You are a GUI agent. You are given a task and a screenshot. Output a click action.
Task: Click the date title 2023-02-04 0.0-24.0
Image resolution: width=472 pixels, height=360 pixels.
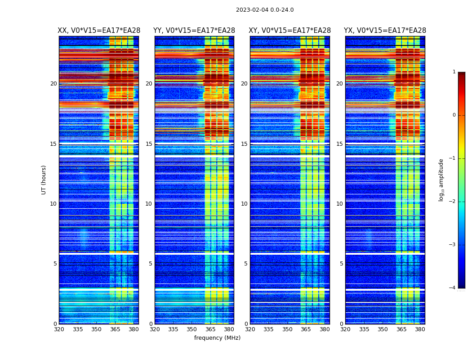265,10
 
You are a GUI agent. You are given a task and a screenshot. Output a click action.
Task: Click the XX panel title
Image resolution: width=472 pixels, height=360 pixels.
99,31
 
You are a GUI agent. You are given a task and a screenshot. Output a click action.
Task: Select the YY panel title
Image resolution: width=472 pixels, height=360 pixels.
194,31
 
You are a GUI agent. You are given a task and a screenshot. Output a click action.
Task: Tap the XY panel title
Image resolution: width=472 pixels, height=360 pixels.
290,31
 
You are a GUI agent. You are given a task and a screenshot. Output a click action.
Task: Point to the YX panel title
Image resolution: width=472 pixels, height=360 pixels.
385,31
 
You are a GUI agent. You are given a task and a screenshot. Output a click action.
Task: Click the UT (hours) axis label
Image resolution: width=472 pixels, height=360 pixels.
44,180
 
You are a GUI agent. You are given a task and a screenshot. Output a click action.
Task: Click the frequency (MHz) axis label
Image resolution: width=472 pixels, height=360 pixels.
217,338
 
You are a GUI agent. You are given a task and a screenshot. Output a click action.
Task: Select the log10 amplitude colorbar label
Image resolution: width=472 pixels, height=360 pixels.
441,180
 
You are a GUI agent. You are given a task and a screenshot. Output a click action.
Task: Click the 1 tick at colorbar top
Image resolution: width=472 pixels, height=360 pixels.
454,72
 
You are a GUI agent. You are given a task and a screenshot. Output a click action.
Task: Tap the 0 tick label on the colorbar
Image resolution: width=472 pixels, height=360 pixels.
454,115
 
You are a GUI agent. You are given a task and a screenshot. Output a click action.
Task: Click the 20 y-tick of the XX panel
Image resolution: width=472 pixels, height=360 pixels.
53,84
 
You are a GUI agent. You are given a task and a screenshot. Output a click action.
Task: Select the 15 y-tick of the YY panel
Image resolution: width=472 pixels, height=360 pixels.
149,144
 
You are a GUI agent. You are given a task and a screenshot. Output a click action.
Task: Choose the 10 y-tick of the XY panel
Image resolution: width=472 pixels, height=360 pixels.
244,204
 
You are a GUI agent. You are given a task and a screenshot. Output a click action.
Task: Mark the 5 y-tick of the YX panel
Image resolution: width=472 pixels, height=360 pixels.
341,264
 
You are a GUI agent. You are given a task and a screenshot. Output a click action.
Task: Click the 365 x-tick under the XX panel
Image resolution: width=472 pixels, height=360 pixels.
115,329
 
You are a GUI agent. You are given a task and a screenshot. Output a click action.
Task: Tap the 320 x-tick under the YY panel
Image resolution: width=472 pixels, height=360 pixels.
155,329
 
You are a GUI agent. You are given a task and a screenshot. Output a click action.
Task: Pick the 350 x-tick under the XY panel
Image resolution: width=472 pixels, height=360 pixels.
287,329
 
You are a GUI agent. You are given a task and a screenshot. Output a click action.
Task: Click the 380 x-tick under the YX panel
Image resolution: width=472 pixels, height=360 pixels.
420,329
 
